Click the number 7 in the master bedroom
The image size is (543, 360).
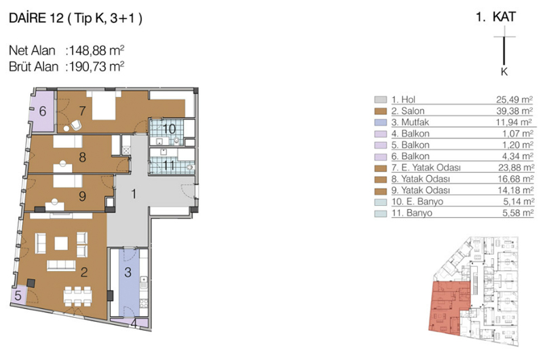pos(82,111)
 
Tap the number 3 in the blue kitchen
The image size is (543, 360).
pos(128,272)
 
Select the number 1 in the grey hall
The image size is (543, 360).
pos(134,194)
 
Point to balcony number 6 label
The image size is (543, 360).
pos(43,111)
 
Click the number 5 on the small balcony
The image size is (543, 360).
pos(18,295)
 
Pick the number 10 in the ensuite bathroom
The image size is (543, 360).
pos(169,129)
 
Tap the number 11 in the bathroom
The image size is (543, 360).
pos(169,165)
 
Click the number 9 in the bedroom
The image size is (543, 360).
pos(82,196)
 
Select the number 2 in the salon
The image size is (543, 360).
pos(83,272)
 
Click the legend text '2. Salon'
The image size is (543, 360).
pos(408,111)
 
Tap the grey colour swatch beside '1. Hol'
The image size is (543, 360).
pos(380,99)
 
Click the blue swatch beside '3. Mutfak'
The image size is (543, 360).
pos(380,122)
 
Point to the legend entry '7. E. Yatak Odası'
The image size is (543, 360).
pos(426,168)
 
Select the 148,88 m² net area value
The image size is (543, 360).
pos(97,50)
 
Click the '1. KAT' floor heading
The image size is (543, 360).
pos(496,17)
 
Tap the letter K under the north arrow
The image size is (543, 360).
pos(504,72)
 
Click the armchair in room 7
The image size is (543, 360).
pos(76,125)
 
